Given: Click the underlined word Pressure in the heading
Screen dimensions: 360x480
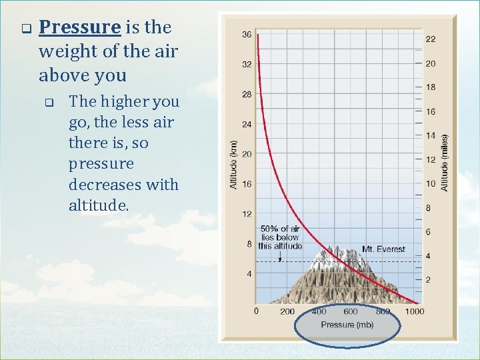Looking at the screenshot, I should click(x=79, y=28).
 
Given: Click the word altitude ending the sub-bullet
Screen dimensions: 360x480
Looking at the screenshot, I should click(x=97, y=205).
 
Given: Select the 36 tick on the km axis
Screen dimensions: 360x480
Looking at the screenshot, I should click(x=246, y=35).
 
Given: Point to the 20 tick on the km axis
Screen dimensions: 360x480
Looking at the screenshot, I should click(x=246, y=154).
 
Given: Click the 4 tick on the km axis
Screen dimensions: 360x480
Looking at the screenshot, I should click(x=249, y=273).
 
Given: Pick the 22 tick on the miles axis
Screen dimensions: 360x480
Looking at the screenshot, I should click(x=431, y=39).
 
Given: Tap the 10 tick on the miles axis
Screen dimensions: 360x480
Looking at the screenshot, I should click(x=431, y=184).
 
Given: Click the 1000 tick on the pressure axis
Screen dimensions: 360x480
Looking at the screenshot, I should click(x=414, y=311).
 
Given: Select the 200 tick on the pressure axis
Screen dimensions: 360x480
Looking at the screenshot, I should click(x=287, y=311).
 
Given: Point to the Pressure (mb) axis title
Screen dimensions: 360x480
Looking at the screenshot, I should click(x=347, y=325).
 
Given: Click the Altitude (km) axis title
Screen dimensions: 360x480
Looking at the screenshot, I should click(x=233, y=164).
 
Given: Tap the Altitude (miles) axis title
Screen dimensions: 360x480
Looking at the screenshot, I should click(x=445, y=163).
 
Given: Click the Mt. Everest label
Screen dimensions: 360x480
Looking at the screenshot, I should click(x=383, y=249).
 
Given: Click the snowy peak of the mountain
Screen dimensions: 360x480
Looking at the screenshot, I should click(x=343, y=255).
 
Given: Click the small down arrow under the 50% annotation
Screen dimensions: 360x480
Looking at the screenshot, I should click(x=280, y=257).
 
